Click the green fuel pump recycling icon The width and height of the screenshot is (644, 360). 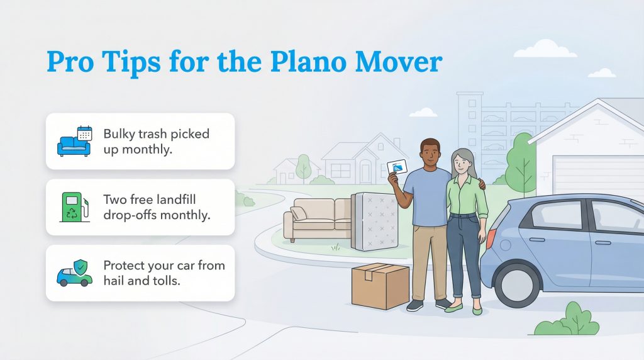[x=75, y=207]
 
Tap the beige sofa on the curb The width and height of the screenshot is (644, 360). [x=317, y=217]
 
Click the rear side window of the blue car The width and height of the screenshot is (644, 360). [x=558, y=215]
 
